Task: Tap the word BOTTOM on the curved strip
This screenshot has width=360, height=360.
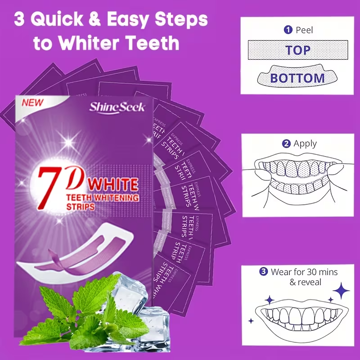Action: point(297,77)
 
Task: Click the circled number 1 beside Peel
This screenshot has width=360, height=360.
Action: point(288,30)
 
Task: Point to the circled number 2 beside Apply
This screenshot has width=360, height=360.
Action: point(286,144)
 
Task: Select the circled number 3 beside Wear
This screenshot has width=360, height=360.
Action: point(263,272)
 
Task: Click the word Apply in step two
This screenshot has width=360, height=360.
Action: point(305,144)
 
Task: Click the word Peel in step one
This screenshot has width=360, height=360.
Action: point(304,30)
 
